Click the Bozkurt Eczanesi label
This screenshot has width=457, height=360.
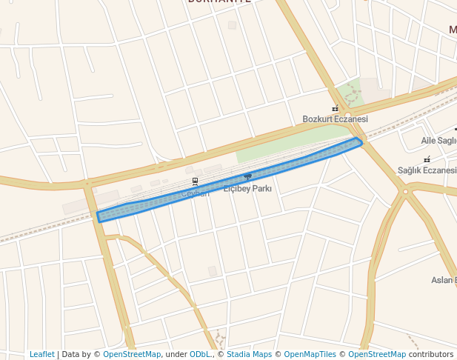(335, 119)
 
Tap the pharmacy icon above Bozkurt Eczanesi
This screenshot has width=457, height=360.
(335, 108)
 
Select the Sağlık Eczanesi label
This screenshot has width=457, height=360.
(427, 170)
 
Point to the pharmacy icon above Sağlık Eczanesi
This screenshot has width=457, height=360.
(427, 159)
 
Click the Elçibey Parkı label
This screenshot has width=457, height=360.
(247, 189)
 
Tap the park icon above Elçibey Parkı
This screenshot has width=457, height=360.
(247, 176)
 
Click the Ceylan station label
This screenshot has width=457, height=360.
(196, 194)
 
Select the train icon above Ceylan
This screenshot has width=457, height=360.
(196, 181)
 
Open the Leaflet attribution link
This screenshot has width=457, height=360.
(42, 354)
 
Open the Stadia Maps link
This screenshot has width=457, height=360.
(249, 354)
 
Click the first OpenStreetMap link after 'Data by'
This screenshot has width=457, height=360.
(132, 354)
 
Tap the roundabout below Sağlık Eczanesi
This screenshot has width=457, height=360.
(405, 192)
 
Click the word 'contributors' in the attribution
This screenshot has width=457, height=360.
(431, 354)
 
